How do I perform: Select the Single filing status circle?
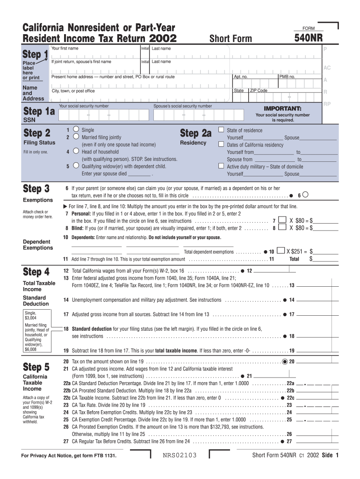point(76,130)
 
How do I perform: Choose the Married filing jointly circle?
point(76,137)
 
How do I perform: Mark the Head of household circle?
point(76,152)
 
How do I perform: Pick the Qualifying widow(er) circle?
point(76,166)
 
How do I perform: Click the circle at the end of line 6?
point(311,195)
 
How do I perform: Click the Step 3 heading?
point(36,189)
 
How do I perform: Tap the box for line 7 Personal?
point(282,220)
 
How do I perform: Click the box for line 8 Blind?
point(282,228)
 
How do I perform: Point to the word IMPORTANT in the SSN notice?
point(282,108)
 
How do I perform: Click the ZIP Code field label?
point(259,90)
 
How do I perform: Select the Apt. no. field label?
point(241,76)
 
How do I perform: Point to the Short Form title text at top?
point(230,39)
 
